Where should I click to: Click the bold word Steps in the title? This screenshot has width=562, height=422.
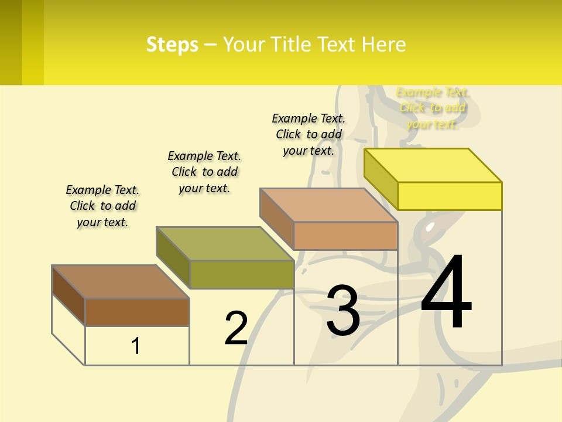tap(172, 45)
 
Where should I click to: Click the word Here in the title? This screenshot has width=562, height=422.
tap(384, 45)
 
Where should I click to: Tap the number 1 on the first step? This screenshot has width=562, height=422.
tap(135, 346)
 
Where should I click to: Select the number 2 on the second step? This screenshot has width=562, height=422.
tap(236, 328)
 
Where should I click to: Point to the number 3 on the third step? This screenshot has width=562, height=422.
tap(343, 311)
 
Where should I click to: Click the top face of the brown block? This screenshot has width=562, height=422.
tap(120, 281)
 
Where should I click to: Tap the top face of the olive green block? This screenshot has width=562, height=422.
tap(224, 243)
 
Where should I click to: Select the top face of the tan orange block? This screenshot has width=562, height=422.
tap(328, 205)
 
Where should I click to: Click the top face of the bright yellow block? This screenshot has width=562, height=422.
tap(433, 165)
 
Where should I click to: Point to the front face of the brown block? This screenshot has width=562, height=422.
tap(137, 312)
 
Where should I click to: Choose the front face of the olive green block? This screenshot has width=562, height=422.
tap(241, 274)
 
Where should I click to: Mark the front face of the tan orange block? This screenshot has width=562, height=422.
tap(345, 236)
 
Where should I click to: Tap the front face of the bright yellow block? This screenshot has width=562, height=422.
tap(450, 196)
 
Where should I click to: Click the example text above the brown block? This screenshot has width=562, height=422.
tap(102, 206)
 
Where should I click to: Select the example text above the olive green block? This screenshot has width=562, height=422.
tap(204, 172)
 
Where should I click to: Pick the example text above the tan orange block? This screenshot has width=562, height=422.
tap(309, 134)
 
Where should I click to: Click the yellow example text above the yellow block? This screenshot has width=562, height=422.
tap(433, 108)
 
